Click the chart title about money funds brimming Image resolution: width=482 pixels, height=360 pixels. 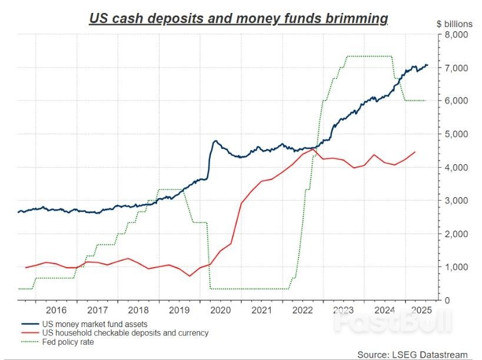pos(238,18)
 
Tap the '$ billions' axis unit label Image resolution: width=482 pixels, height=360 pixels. pos(454,24)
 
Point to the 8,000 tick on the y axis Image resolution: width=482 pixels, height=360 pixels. pos(455,35)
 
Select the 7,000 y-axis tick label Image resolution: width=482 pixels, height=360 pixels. pos(455,68)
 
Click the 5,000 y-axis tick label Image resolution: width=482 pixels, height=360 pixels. pos(455,135)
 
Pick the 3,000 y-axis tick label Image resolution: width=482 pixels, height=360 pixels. pos(455,201)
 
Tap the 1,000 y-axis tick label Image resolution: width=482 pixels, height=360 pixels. pos(455,268)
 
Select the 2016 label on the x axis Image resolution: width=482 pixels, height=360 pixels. pos(55,310)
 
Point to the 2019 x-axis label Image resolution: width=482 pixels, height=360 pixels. pos(179,310)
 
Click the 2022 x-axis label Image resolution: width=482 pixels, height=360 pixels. pos(302,310)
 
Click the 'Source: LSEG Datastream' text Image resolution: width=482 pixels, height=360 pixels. pos(412,354)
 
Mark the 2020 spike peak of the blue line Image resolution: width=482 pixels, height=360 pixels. pos(215,141)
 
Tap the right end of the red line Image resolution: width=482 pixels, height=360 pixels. pos(415,152)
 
